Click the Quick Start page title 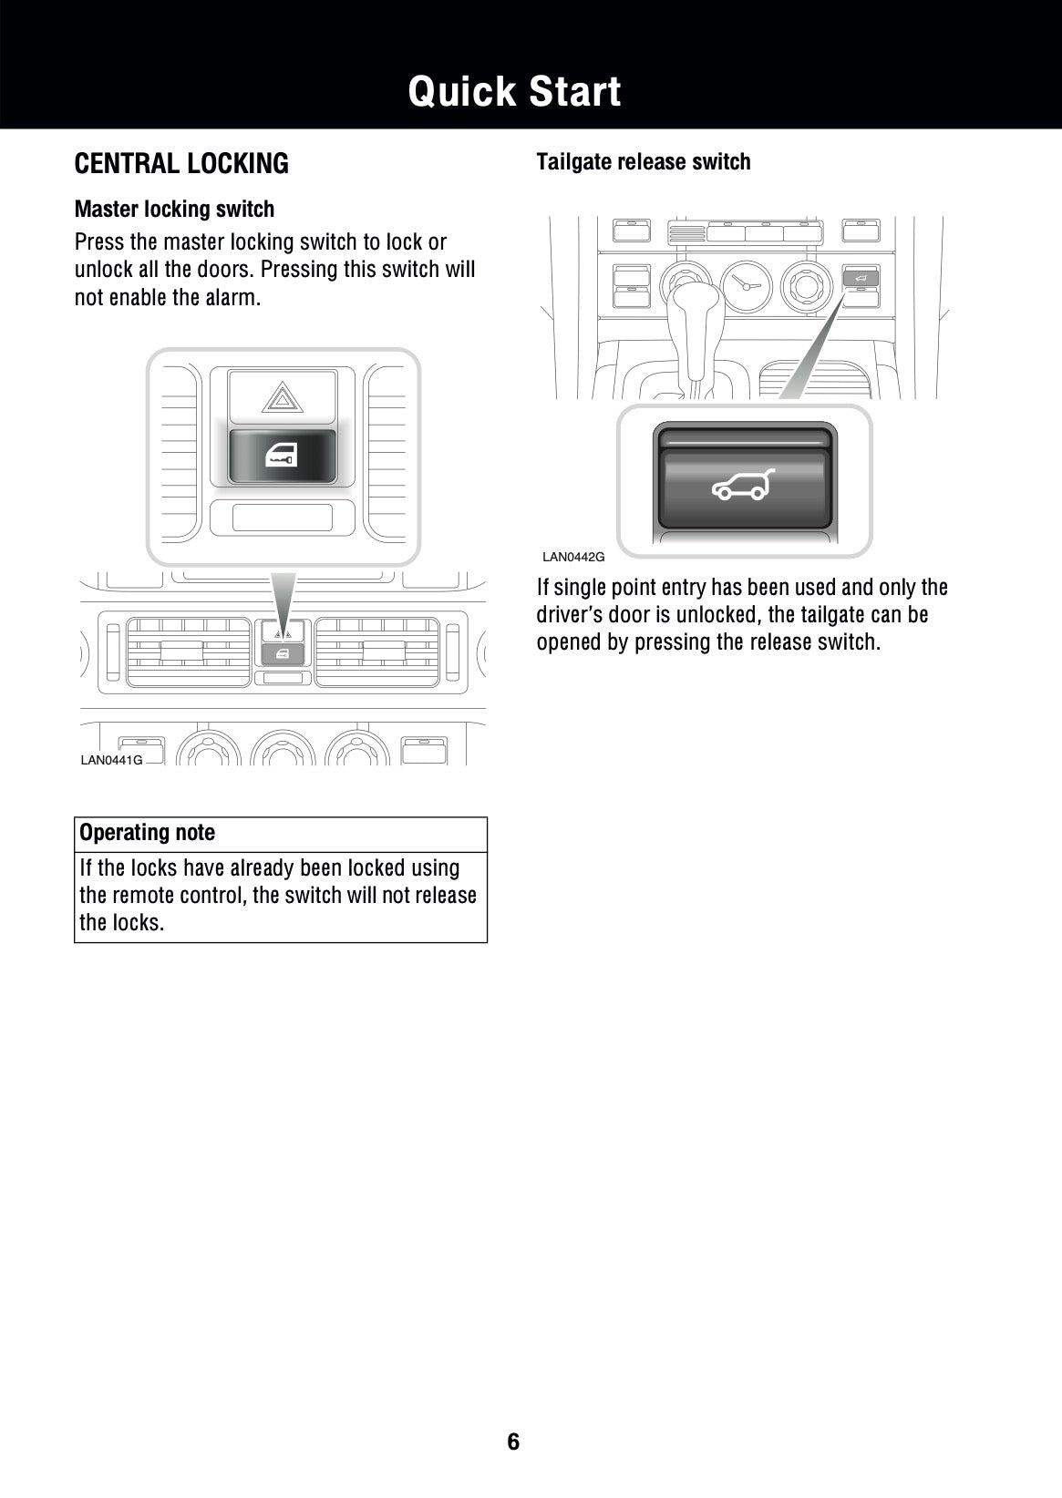tap(514, 92)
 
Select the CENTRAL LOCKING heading tap(181, 164)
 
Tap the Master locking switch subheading tap(174, 210)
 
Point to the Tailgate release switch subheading tap(644, 162)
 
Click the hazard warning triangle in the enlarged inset tap(282, 397)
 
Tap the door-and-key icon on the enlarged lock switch tap(282, 458)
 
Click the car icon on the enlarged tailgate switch tap(744, 487)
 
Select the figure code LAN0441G tap(111, 760)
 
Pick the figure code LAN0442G tap(573, 557)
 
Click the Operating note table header tap(148, 833)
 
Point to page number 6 tap(513, 1442)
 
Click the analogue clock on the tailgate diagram tap(746, 283)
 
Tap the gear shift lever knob tap(690, 307)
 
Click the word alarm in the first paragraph tap(233, 297)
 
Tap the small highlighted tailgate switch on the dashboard tap(861, 276)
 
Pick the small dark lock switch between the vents tap(283, 652)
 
